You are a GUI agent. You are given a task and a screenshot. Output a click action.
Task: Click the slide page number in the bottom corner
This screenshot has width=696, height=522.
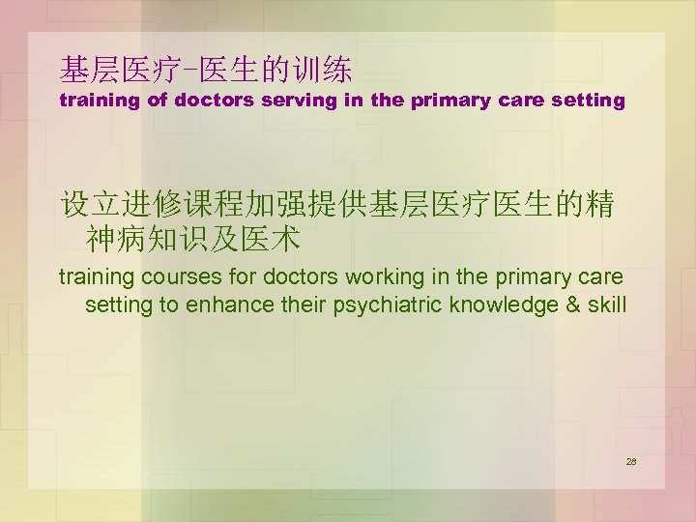[x=631, y=462]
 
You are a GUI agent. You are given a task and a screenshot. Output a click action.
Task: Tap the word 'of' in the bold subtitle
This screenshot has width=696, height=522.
[x=157, y=100]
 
